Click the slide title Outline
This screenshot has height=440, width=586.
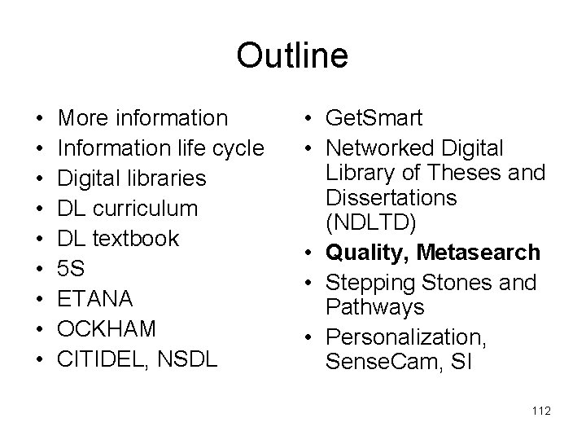coord(292,56)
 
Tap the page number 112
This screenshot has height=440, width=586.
coord(540,411)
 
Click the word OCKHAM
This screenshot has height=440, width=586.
coord(107,328)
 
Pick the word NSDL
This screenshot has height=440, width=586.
coord(188,359)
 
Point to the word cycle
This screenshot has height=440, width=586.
coord(234,148)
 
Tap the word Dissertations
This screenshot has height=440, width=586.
coord(390,197)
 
